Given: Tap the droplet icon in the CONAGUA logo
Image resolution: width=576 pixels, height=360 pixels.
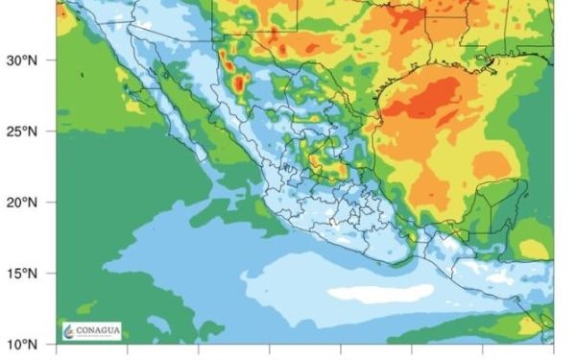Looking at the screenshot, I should (x=70, y=330).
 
